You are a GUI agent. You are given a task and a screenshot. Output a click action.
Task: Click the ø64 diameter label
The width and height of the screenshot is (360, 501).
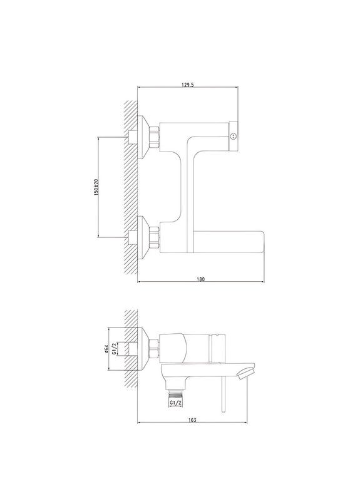pos(106,348)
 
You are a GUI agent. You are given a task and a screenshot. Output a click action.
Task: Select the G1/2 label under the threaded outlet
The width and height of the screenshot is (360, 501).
pos(176,404)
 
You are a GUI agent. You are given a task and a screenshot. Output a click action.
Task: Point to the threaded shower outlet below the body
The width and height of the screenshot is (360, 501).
pos(177,391)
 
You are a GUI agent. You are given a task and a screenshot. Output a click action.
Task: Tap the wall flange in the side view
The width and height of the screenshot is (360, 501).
pos(145,348)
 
